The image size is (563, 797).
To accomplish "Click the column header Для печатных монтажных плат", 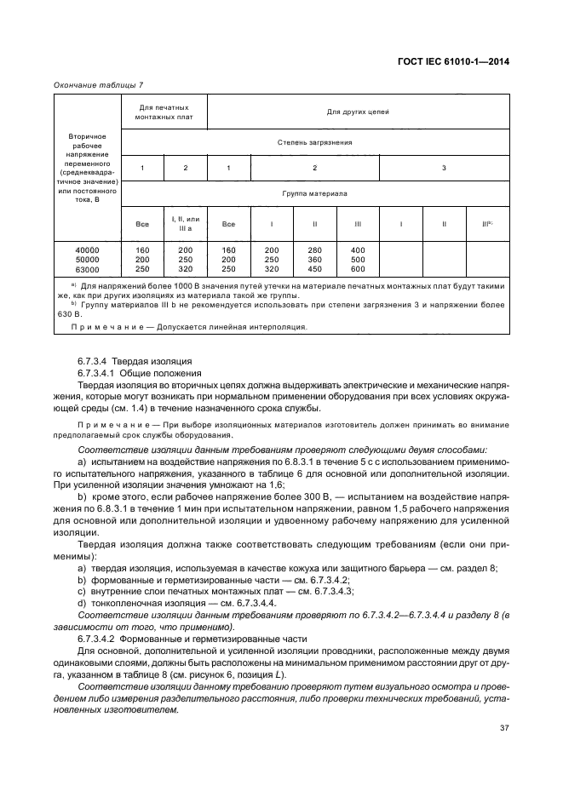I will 164,112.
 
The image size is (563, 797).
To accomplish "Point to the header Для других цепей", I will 358,112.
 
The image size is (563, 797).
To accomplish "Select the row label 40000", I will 88,249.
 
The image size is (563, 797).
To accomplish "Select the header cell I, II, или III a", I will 185,224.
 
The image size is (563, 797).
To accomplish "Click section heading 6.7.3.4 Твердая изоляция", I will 135,361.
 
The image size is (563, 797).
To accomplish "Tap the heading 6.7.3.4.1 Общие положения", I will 139,372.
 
